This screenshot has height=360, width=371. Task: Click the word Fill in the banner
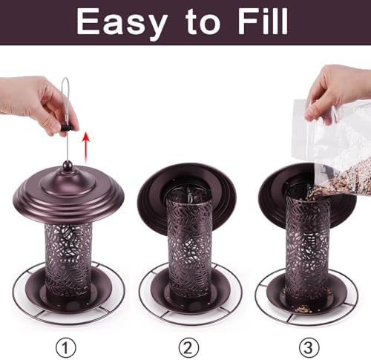[263, 21]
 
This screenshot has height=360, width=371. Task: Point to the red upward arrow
[85, 148]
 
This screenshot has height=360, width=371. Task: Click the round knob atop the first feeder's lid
[67, 165]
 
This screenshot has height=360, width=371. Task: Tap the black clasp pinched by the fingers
[66, 128]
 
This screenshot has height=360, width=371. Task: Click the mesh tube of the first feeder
[68, 260]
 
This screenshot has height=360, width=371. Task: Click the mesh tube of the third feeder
[308, 247]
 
